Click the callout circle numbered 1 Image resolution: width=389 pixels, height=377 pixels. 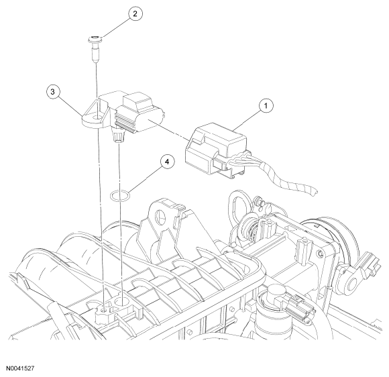click(x=266, y=106)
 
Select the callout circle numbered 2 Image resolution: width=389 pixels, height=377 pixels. click(x=135, y=13)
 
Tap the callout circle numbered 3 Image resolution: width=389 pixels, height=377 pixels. click(x=52, y=92)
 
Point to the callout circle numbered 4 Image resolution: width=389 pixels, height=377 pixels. click(x=167, y=162)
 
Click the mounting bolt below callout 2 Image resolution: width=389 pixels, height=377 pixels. click(x=95, y=50)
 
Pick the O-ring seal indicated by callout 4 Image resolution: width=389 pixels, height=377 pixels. click(x=120, y=195)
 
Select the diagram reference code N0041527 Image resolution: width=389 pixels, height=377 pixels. click(x=20, y=368)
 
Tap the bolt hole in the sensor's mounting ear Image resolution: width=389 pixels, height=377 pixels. click(x=95, y=117)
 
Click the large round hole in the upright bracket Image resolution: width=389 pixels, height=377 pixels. click(x=160, y=217)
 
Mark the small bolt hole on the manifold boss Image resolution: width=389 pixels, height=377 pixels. click(x=103, y=310)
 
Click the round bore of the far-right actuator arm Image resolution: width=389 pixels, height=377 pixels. click(x=351, y=282)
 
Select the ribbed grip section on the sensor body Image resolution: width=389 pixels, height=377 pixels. click(x=125, y=123)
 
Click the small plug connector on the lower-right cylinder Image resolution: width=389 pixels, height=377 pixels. click(x=300, y=305)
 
